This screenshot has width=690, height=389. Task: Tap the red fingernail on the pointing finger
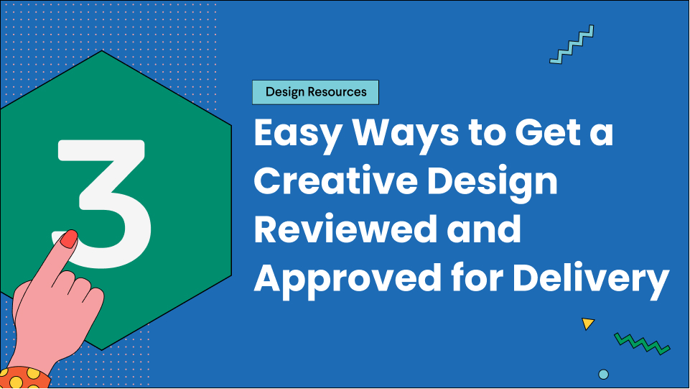69,239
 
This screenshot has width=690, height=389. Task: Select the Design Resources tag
316,92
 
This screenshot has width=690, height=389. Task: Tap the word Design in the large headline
492,182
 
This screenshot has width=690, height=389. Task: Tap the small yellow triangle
588,324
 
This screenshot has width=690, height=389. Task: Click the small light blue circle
603,374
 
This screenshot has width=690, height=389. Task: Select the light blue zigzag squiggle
572,45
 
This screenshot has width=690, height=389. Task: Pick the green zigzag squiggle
642,343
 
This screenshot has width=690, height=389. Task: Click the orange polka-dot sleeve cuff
25,377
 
